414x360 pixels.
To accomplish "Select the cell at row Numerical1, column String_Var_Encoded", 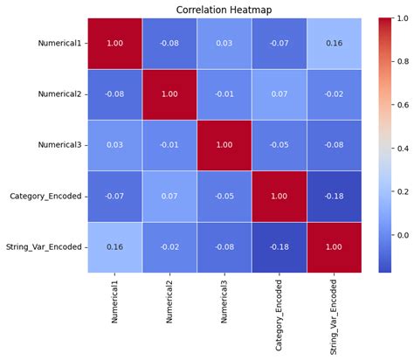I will coord(334,43).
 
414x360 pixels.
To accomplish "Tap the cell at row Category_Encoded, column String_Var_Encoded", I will coord(334,196).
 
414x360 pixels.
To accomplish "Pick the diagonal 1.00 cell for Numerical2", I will coord(169,93).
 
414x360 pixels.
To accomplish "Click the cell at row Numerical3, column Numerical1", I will coord(115,145).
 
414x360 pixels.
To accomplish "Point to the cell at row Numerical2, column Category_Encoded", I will coord(279,93).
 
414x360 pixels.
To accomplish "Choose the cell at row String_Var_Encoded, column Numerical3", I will coord(224,247).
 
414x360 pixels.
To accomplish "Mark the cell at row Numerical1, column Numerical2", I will coord(169,43).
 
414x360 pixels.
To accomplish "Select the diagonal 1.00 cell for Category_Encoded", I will coord(279,196).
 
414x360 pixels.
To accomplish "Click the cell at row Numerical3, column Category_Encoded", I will coord(279,145).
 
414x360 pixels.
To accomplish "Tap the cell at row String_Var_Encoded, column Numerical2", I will coord(169,247).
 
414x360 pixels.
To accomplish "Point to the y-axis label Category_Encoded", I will coord(47,196).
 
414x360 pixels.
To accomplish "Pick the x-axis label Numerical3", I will coord(224,301).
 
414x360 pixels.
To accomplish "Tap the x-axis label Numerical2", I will coord(169,301).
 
